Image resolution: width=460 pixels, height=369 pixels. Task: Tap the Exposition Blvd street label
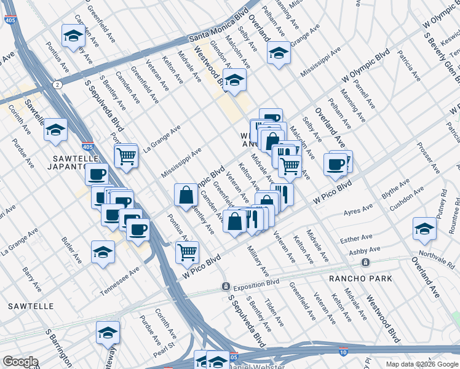pyautogui.click(x=255, y=284)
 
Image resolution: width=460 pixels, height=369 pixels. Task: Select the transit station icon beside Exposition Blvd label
pyautogui.click(x=226, y=287)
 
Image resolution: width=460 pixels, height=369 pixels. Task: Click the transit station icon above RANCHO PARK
pyautogui.click(x=365, y=263)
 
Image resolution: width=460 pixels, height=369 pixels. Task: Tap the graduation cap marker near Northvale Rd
pyautogui.click(x=424, y=229)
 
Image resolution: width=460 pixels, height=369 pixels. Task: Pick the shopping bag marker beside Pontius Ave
pyautogui.click(x=186, y=195)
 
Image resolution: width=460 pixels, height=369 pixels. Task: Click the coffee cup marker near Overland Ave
pyautogui.click(x=336, y=164)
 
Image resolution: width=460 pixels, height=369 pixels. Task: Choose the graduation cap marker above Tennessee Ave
pyautogui.click(x=103, y=252)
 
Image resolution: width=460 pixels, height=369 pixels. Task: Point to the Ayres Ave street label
pyautogui.click(x=358, y=211)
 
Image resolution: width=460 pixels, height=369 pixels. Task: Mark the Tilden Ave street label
pyautogui.click(x=273, y=312)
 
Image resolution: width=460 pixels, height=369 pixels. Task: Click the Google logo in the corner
pyautogui.click(x=20, y=362)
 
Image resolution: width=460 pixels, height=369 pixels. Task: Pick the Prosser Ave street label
pyautogui.click(x=427, y=159)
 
